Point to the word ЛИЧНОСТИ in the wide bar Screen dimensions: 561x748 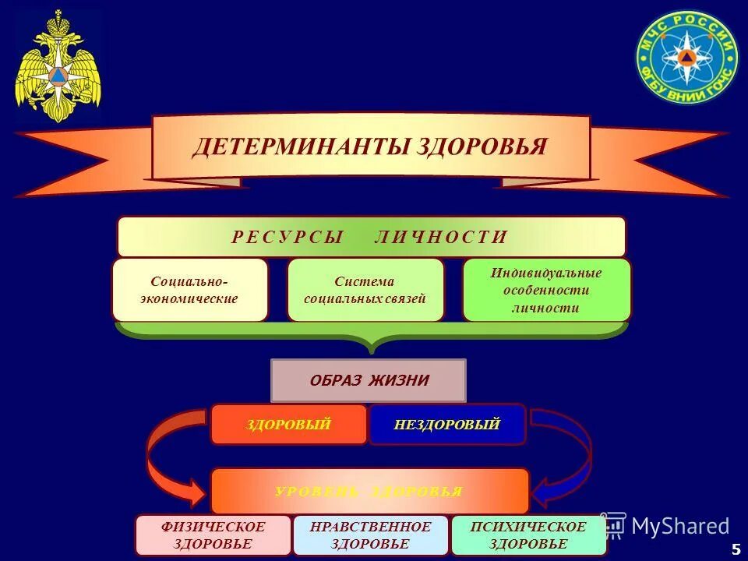[441, 238]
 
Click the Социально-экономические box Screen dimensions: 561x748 [190, 290]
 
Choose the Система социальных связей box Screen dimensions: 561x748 [365, 290]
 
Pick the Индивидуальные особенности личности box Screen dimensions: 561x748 [546, 290]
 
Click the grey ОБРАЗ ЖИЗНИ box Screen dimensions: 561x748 [369, 381]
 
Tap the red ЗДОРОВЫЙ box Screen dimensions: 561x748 [288, 425]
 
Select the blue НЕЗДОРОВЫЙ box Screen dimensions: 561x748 [447, 425]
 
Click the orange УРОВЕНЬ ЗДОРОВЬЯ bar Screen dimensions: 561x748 [369, 492]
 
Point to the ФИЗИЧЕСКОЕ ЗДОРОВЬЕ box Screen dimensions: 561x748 [213, 535]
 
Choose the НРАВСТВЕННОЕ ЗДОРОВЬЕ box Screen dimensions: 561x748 [370, 535]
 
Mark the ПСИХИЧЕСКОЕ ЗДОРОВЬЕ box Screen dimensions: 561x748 [528, 535]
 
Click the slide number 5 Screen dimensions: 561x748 [736, 549]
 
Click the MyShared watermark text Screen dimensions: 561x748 [680, 526]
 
